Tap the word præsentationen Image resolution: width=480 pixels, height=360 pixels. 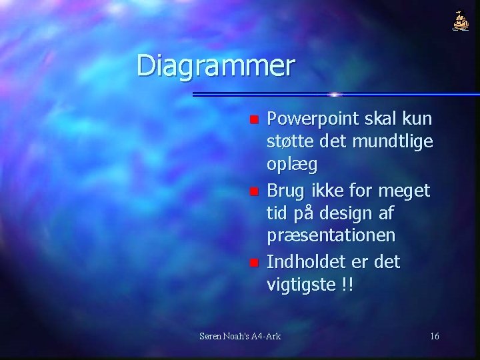[x=331, y=236]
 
